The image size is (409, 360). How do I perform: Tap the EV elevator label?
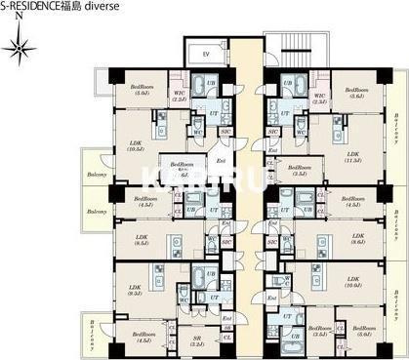pyautogui.click(x=206, y=55)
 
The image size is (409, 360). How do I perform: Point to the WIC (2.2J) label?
pyautogui.click(x=179, y=96)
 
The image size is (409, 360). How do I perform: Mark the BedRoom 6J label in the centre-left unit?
pyautogui.click(x=183, y=169)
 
